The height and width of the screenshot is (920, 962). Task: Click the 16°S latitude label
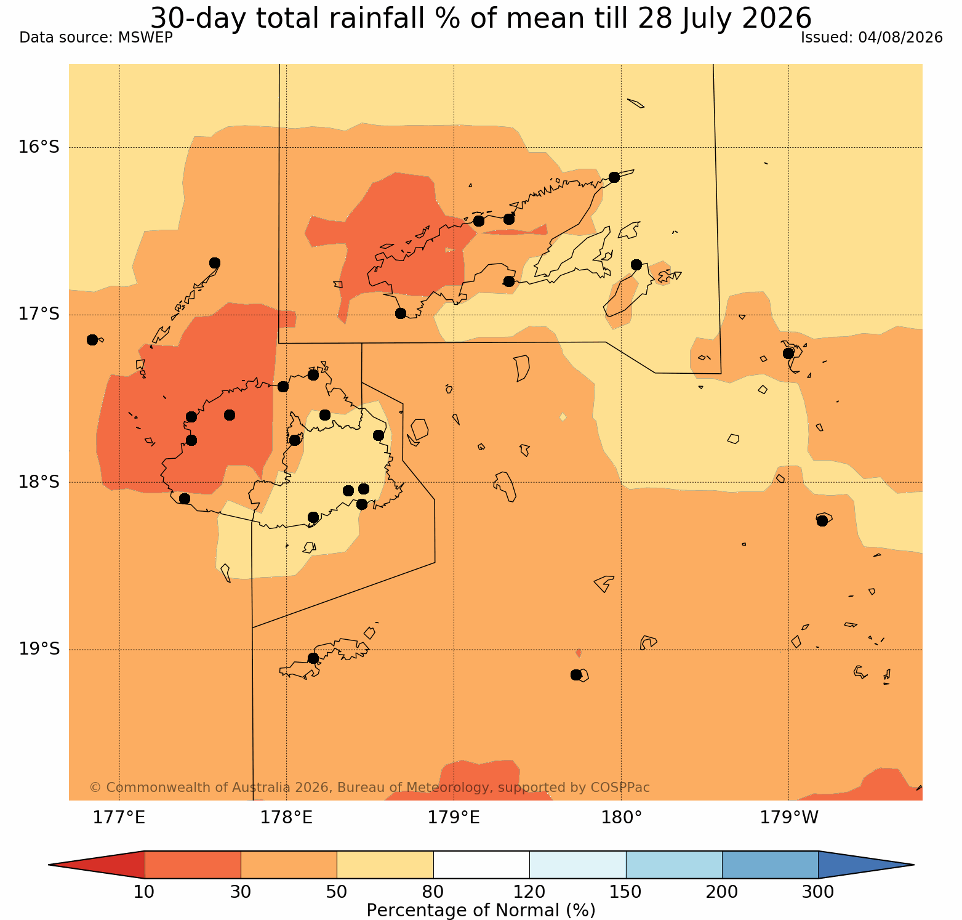point(38,147)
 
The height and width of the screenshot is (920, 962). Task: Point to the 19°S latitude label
point(38,649)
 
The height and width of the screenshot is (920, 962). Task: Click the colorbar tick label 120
point(529,891)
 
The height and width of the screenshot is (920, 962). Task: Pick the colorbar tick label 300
point(818,891)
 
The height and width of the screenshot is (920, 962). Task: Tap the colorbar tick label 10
point(144,891)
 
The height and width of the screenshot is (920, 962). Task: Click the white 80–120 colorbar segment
point(481,865)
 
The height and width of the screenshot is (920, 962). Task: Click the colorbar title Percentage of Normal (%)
point(481,910)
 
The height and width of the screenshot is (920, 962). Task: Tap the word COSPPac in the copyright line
point(620,788)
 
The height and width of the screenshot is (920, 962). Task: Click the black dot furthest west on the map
point(92,340)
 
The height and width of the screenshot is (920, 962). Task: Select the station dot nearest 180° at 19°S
point(576,675)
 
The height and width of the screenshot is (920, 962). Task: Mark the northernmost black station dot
point(614,177)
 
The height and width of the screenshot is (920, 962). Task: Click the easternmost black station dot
point(822,521)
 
